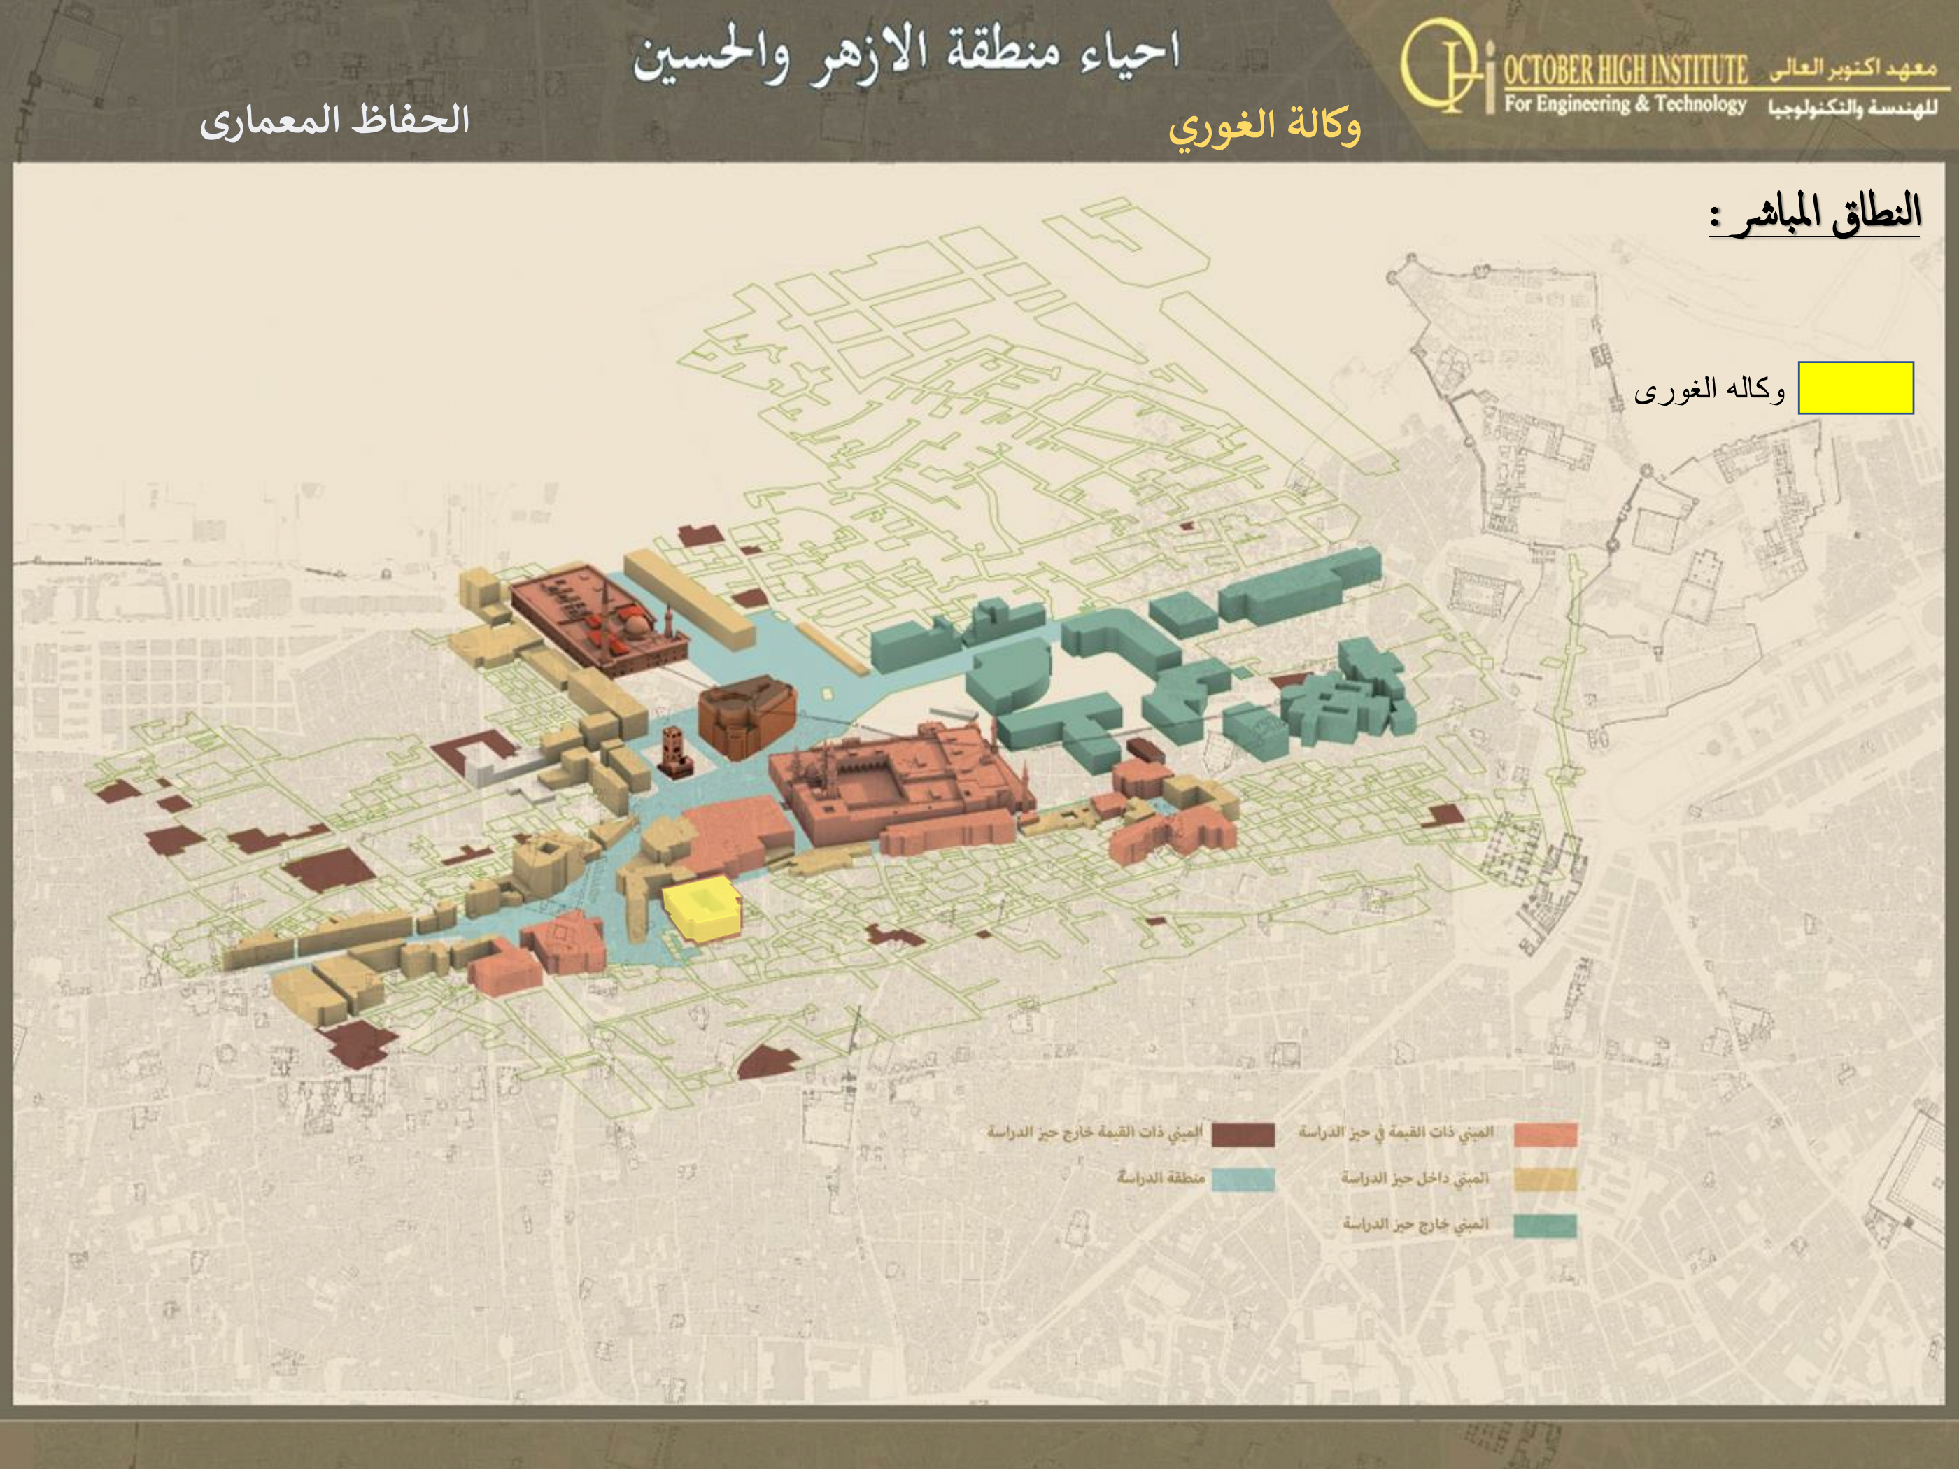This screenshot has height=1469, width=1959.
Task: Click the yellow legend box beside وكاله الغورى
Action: coord(1855,388)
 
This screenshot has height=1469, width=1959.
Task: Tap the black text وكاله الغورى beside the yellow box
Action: coord(1709,390)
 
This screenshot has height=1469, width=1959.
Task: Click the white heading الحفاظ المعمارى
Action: coord(334,120)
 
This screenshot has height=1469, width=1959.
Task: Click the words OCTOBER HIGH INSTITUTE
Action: coord(1625,69)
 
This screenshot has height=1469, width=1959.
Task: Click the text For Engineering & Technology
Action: coord(1625,104)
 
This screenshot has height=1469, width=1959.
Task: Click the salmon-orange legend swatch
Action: coord(1546,1135)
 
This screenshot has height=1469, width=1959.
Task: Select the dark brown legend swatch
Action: coord(1243,1135)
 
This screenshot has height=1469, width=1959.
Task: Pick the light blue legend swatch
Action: coord(1243,1179)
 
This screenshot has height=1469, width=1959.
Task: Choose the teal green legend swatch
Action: coord(1546,1226)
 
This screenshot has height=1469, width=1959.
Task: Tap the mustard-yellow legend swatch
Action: coord(1546,1179)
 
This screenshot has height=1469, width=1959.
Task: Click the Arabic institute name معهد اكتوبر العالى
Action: coord(1853,69)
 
